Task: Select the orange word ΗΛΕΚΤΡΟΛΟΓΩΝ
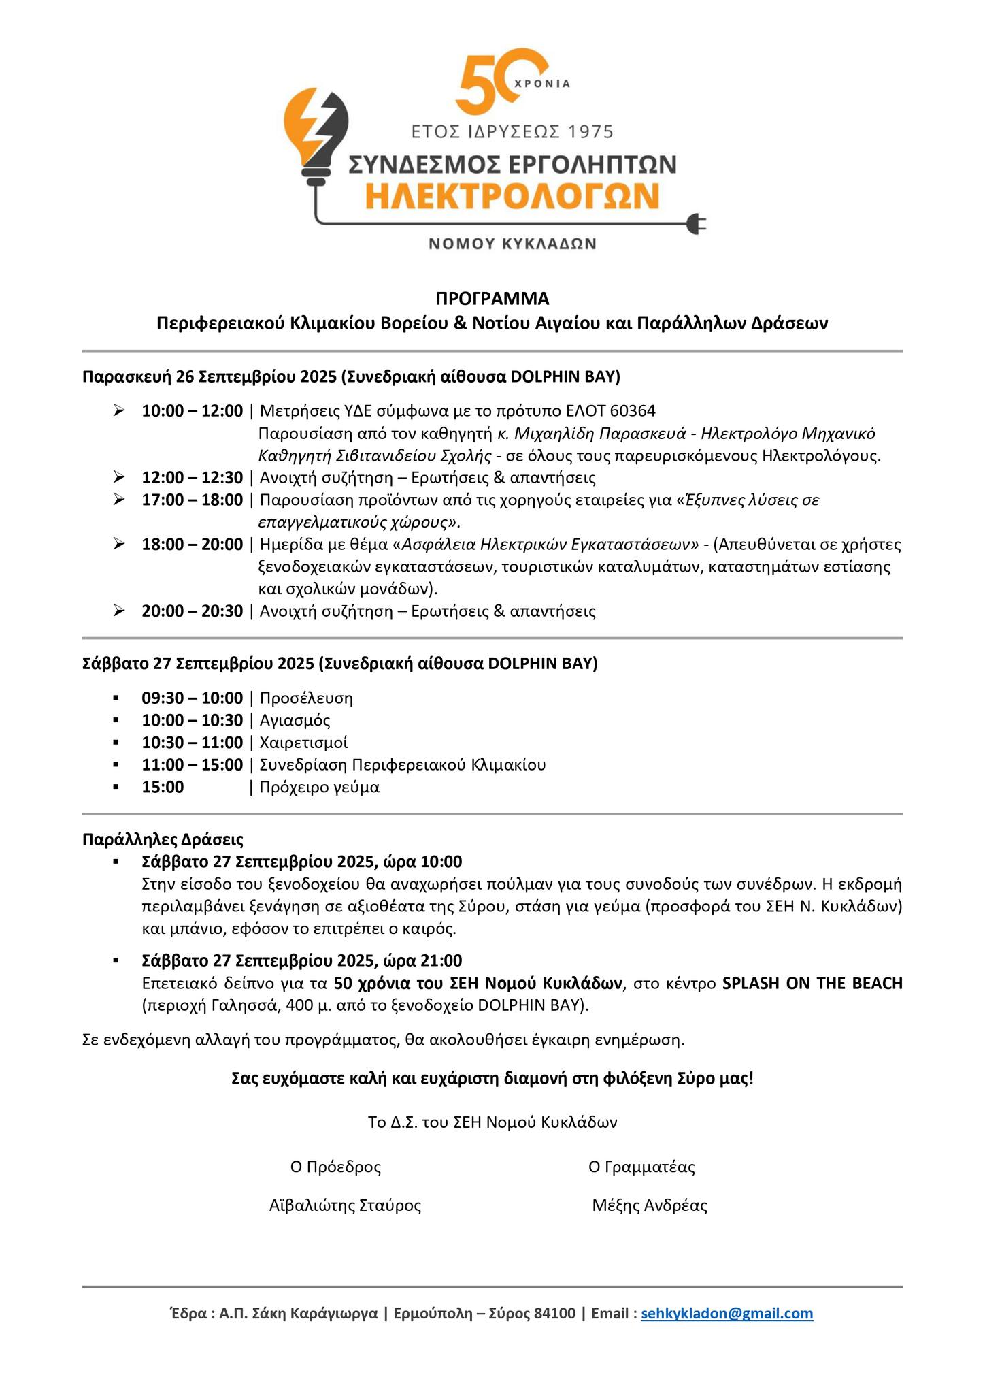(x=512, y=196)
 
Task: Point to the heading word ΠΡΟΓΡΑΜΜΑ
(x=492, y=299)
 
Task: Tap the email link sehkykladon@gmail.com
(x=727, y=1313)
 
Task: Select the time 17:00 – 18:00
(x=192, y=500)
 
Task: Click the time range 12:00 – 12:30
(x=192, y=478)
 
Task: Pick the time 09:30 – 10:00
(x=192, y=698)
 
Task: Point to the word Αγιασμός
(x=295, y=720)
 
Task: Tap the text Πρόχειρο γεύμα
(x=320, y=788)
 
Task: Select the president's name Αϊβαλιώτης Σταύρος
(x=345, y=1205)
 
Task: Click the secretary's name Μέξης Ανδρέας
(x=650, y=1205)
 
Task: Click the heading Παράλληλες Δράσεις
(x=163, y=839)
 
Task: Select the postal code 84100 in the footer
(x=554, y=1313)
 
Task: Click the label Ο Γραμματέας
(x=641, y=1167)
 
